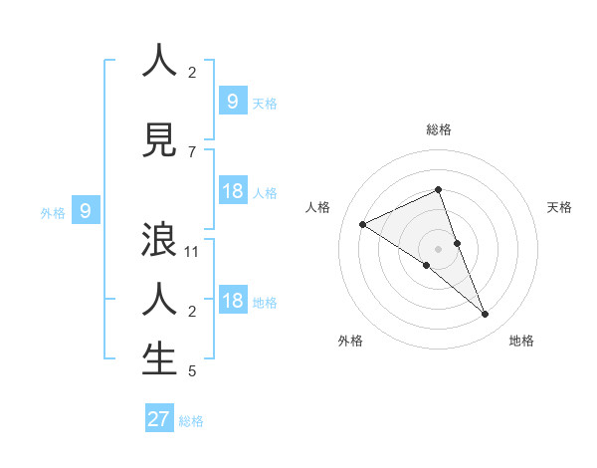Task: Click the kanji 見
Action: point(159,139)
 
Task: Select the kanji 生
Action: point(159,359)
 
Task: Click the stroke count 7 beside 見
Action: point(192,151)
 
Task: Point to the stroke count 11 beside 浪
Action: point(192,252)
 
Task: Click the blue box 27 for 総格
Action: point(159,419)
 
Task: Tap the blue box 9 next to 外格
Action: point(86,211)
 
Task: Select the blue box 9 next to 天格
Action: point(232,102)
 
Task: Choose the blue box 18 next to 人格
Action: point(232,191)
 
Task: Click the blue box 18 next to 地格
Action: point(232,301)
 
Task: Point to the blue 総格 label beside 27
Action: point(191,421)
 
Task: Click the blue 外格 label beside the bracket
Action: point(52,212)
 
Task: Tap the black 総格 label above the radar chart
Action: point(439,129)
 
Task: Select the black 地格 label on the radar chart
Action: point(521,341)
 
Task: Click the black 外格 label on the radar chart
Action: point(350,341)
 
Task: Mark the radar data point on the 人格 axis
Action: point(362,224)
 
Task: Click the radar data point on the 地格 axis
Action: point(486,315)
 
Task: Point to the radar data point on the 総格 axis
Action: point(438,189)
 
